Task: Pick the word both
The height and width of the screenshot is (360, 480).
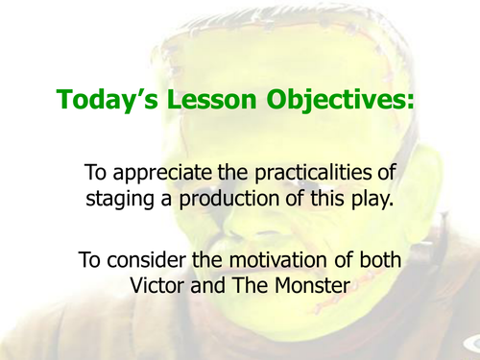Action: [372, 261]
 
